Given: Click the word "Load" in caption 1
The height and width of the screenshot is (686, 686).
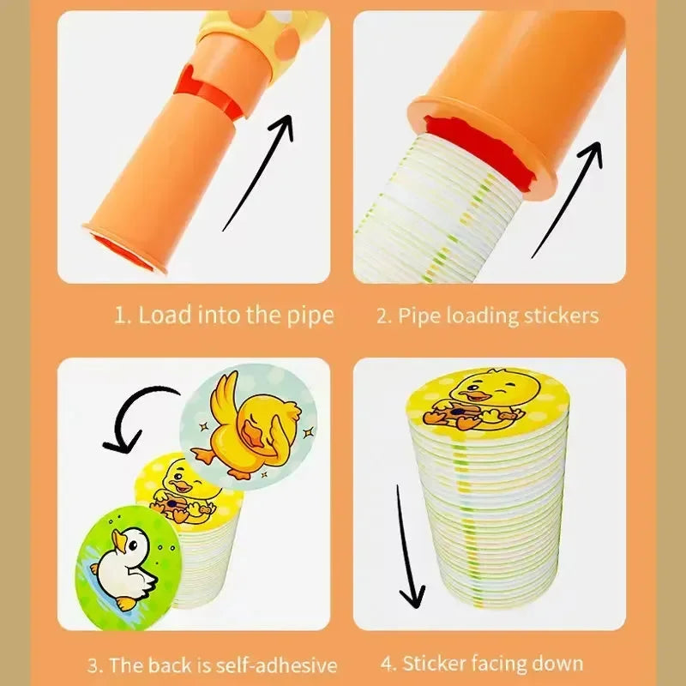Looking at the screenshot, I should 165,315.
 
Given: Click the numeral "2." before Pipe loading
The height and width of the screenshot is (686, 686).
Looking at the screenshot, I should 384,316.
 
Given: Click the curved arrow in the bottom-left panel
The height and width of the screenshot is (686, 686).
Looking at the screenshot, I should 137,420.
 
